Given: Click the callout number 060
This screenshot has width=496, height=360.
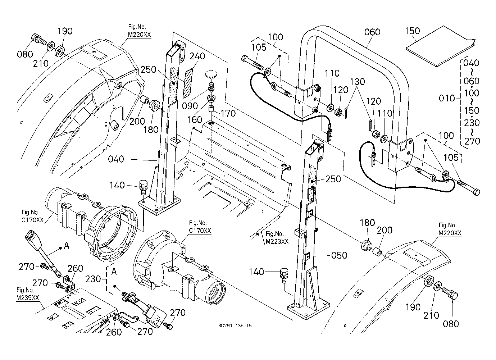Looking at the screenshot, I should [x=372, y=32].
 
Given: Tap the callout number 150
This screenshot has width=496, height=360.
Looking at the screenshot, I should [x=412, y=31].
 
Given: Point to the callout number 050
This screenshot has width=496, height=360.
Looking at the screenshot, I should [x=339, y=255].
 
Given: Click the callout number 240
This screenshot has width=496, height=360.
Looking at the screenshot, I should [x=197, y=56].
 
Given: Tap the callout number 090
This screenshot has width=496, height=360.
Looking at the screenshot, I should [x=190, y=106].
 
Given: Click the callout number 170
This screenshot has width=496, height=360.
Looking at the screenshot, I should [x=228, y=114].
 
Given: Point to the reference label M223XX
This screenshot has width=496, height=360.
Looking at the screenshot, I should [x=277, y=242].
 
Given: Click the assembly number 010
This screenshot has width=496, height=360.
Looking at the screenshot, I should [x=447, y=98].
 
